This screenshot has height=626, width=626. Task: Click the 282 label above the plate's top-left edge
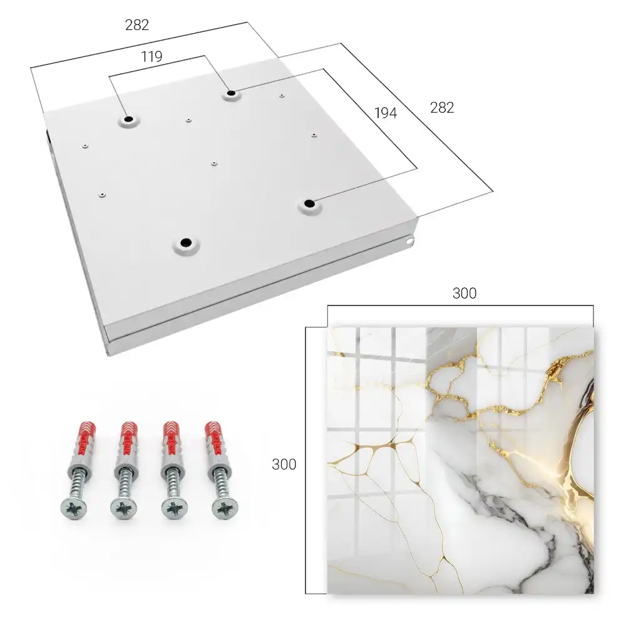click(137, 25)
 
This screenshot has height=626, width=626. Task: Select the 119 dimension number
click(151, 57)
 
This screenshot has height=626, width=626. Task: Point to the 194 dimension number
click(386, 113)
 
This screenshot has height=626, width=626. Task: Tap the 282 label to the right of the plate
click(442, 108)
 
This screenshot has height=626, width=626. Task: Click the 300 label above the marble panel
click(464, 294)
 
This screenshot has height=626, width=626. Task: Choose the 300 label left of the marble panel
click(284, 464)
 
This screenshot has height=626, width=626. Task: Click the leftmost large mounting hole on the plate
click(128, 120)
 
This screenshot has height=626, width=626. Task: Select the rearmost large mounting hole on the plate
click(231, 94)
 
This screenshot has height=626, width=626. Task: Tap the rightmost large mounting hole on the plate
click(309, 204)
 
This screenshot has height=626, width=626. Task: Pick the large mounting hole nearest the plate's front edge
click(186, 242)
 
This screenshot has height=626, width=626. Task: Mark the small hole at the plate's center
click(214, 163)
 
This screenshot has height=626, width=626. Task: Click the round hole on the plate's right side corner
click(409, 242)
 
